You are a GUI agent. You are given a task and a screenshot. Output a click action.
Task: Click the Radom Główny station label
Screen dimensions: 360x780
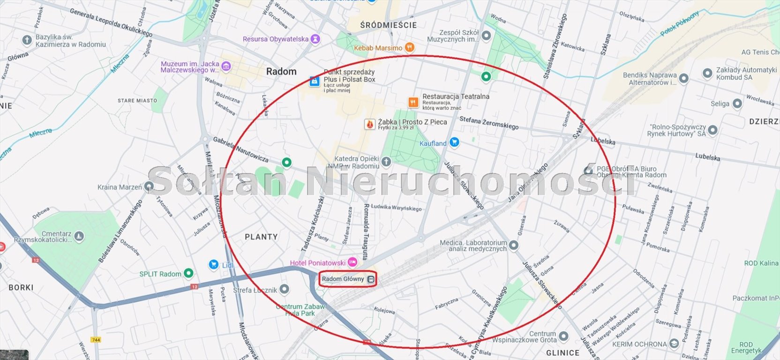click(x=343, y=279)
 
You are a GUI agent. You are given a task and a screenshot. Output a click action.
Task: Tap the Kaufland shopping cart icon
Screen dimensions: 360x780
click(x=454, y=142)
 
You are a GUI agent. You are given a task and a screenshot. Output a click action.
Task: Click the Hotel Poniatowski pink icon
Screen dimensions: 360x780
click(x=352, y=262)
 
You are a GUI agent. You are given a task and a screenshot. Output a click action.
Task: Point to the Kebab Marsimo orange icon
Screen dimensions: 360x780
click(x=409, y=47)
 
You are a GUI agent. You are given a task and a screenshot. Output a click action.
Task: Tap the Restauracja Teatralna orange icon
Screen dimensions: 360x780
click(x=413, y=102)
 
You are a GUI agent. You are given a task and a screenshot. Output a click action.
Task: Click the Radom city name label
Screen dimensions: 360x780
click(x=281, y=72)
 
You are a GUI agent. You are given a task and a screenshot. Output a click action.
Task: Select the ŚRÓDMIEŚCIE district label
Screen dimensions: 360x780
click(x=388, y=25)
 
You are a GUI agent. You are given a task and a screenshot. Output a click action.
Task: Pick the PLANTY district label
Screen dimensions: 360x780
click(x=261, y=237)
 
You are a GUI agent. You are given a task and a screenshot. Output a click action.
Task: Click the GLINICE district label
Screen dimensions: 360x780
click(x=562, y=352)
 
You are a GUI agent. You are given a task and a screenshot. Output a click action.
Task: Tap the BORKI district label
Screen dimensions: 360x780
click(x=21, y=287)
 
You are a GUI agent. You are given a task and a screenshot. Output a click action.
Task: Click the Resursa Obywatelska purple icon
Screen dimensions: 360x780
click(x=315, y=39)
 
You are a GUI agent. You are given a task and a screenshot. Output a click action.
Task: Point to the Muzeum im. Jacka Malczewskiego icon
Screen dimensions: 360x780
click(x=226, y=67)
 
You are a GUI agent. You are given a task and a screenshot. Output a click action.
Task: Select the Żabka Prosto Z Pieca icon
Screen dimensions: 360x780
click(x=370, y=124)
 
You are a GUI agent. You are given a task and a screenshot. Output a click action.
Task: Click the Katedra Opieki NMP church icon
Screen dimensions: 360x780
click(x=386, y=162)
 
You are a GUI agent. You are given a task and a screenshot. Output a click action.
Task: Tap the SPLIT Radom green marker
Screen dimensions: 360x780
click(x=188, y=273)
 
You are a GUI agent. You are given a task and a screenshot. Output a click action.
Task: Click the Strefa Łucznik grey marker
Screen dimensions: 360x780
click(x=284, y=289)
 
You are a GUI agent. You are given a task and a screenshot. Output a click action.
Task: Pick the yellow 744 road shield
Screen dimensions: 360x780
click(x=96, y=340)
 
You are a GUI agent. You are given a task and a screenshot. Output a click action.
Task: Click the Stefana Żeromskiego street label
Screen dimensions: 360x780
click(x=489, y=123)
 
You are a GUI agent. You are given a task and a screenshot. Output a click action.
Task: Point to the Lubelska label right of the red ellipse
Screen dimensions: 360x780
click(x=707, y=157)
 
